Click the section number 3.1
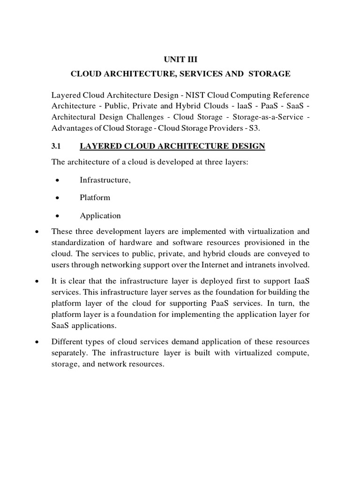click(57, 146)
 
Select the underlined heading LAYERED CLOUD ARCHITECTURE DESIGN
click(172, 146)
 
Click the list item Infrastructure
click(105, 180)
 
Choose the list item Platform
click(95, 198)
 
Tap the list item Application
click(100, 216)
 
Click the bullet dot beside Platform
click(57, 198)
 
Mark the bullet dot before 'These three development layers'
click(37, 232)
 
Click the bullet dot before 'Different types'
click(37, 342)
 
